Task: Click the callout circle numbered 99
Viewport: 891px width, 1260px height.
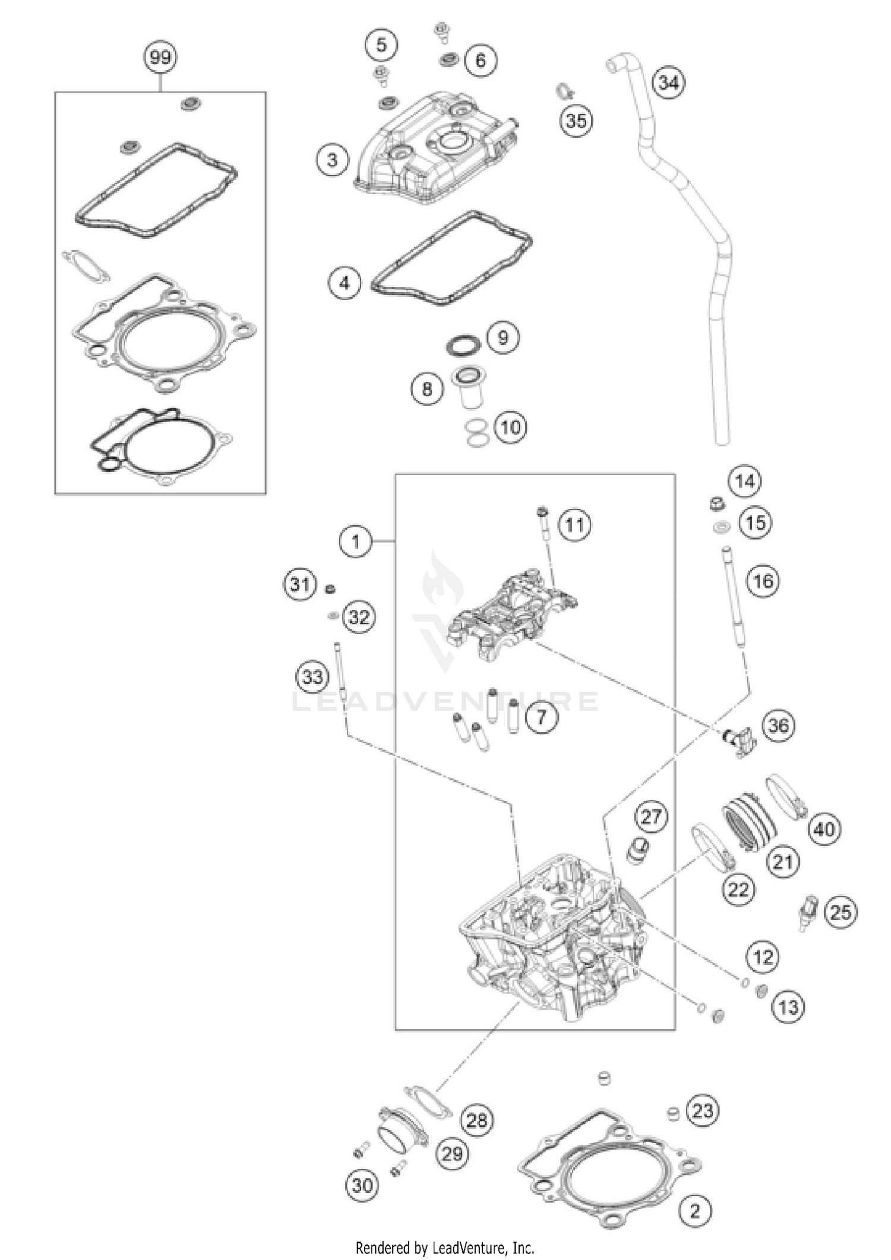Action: [x=160, y=58]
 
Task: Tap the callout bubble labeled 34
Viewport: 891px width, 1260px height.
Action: [x=669, y=82]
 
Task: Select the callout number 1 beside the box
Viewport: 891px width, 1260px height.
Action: [x=355, y=541]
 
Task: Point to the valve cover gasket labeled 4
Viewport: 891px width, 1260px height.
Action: [x=451, y=258]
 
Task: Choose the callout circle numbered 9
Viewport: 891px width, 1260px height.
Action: [x=503, y=337]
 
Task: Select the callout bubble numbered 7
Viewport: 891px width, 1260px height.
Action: [x=541, y=717]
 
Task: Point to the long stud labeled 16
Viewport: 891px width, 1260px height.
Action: [x=734, y=600]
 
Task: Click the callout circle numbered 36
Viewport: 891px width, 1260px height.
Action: [x=779, y=725]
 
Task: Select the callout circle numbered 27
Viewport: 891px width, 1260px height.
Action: [x=651, y=816]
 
